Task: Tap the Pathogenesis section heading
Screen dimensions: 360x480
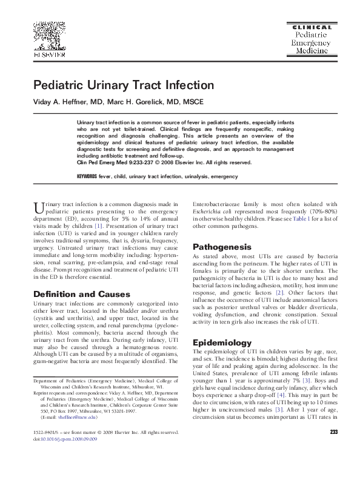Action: (221, 247)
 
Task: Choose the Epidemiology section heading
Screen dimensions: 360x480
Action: (221, 342)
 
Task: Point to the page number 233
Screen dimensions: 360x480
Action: (333, 449)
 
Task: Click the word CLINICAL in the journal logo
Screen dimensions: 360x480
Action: (312, 27)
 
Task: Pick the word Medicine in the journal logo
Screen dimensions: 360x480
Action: (312, 53)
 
